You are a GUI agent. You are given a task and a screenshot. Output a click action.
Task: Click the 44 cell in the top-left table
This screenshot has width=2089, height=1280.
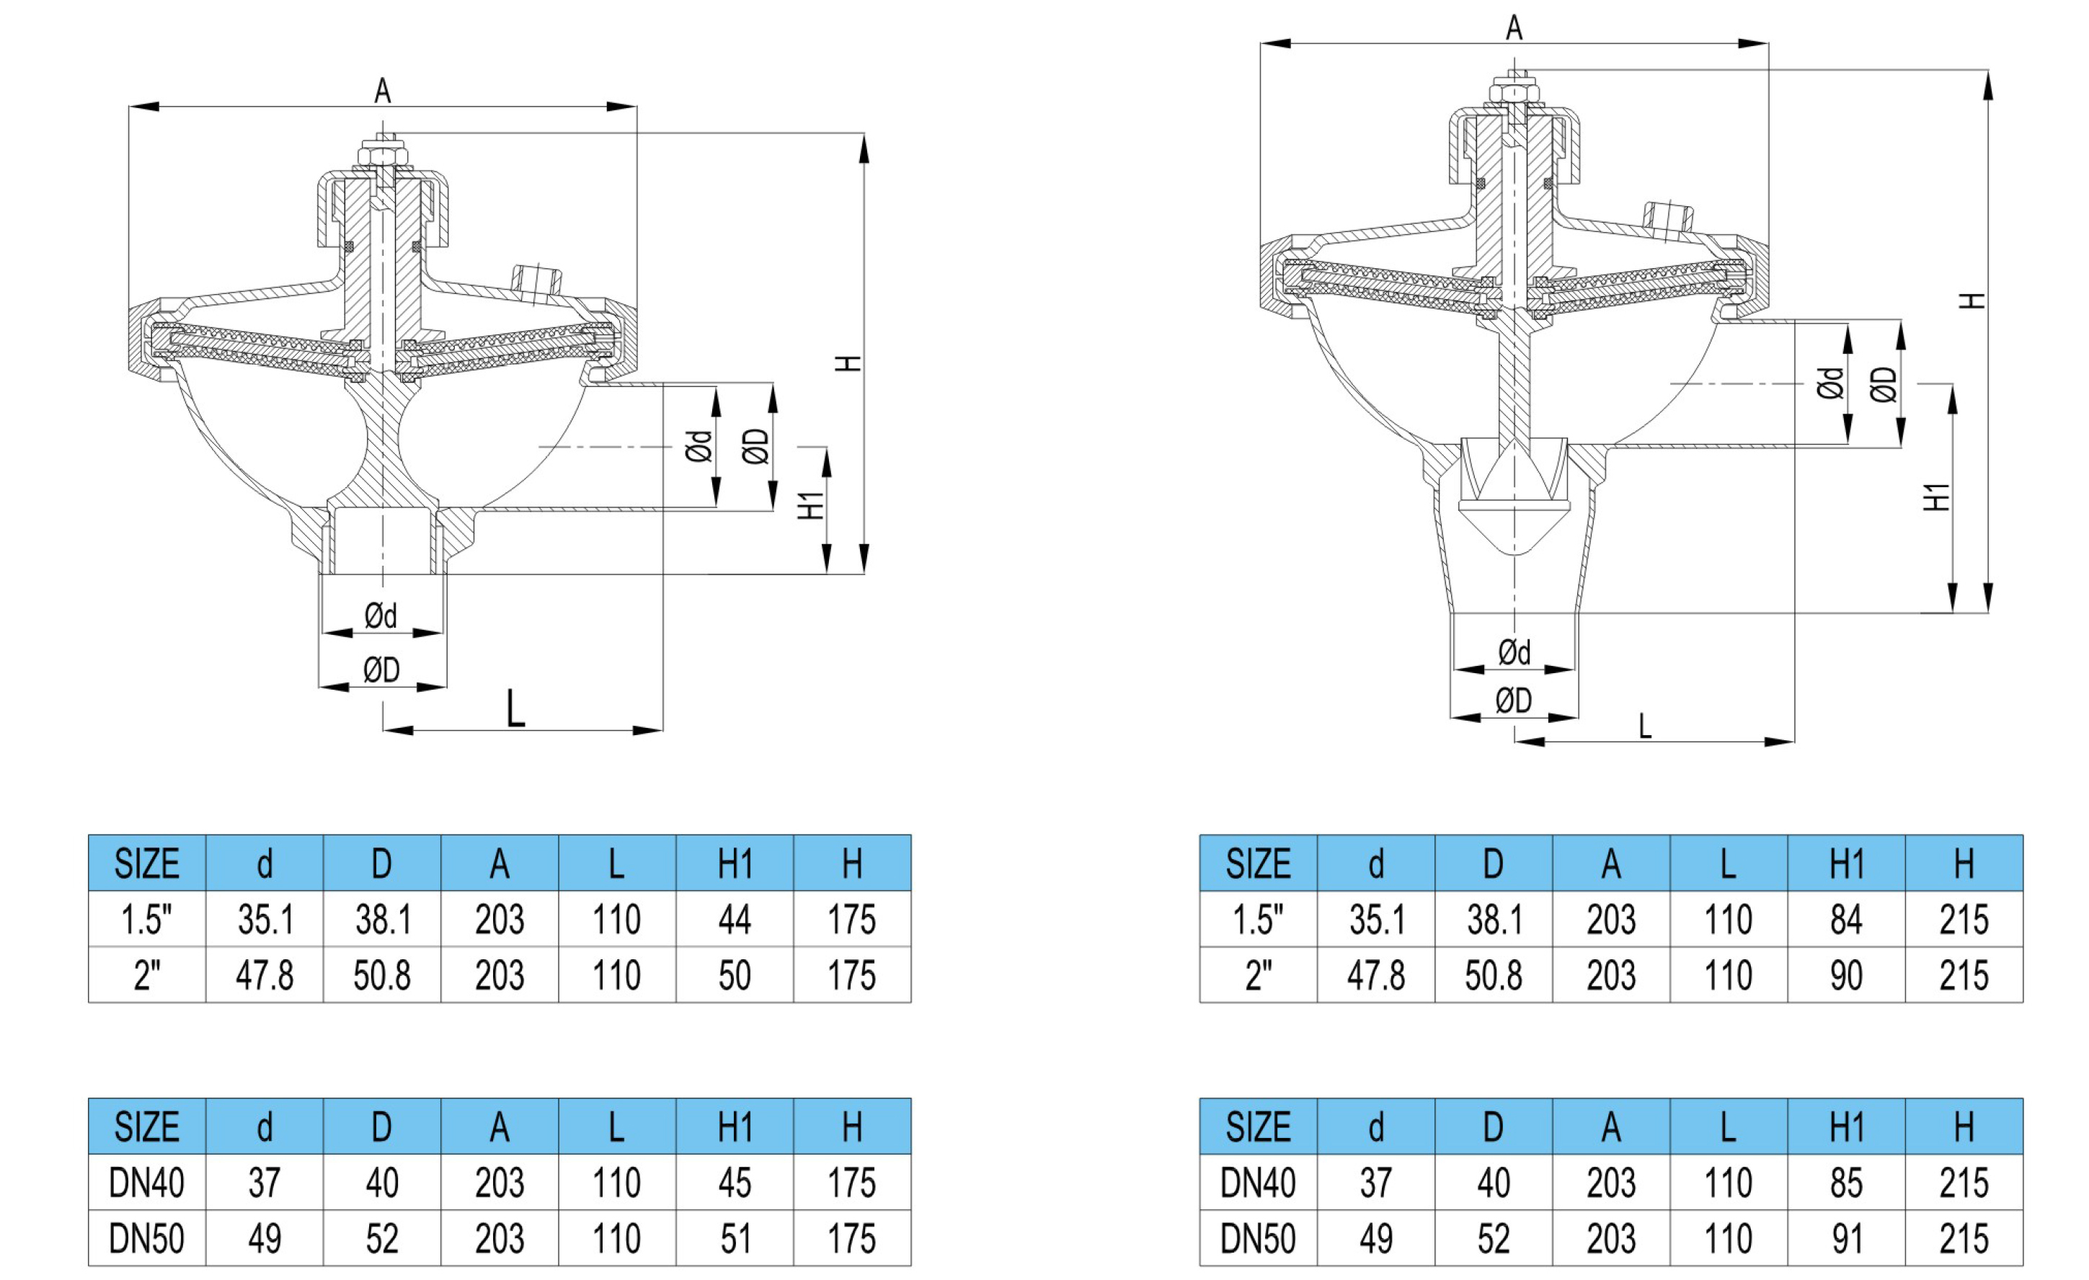[735, 920]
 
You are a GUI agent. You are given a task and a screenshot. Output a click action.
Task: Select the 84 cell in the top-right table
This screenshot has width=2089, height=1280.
[1845, 920]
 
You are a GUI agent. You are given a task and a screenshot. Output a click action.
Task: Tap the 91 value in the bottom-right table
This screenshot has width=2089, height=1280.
[1845, 1238]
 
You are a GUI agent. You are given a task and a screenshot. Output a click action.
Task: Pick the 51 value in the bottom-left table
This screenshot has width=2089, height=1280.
[735, 1238]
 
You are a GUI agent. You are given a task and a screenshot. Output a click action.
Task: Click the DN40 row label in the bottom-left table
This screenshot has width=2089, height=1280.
[146, 1183]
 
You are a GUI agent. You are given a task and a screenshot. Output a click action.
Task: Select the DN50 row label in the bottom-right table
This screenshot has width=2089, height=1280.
[1257, 1238]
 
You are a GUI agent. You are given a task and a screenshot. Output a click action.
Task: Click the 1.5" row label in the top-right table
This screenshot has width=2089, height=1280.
[1257, 920]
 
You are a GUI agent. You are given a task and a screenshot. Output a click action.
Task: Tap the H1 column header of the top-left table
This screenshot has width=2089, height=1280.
[735, 864]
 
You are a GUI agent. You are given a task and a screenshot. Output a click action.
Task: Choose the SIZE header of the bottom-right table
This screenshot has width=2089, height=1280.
[1257, 1126]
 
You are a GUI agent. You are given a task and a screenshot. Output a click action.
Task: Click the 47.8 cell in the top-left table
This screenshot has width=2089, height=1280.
[265, 976]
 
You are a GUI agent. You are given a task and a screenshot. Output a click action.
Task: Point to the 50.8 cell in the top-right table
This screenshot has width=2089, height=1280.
[1493, 976]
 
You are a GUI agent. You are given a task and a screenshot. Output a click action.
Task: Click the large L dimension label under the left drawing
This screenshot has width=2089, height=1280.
[515, 708]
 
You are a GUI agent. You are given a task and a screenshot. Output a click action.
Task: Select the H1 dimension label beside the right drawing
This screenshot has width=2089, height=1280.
[1936, 497]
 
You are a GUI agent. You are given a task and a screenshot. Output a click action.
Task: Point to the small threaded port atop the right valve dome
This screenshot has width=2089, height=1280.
[1667, 217]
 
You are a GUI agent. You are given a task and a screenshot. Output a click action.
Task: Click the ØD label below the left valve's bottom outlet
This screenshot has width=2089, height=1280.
[381, 670]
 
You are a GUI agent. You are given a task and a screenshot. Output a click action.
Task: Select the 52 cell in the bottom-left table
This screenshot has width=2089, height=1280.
[381, 1238]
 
